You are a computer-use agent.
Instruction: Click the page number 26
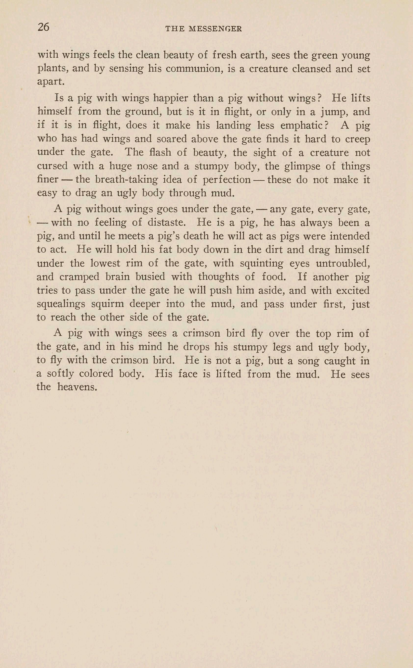point(43,27)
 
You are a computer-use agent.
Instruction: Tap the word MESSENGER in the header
point(215,29)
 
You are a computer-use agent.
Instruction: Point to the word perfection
point(227,180)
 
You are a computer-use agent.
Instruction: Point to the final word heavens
point(77,387)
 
